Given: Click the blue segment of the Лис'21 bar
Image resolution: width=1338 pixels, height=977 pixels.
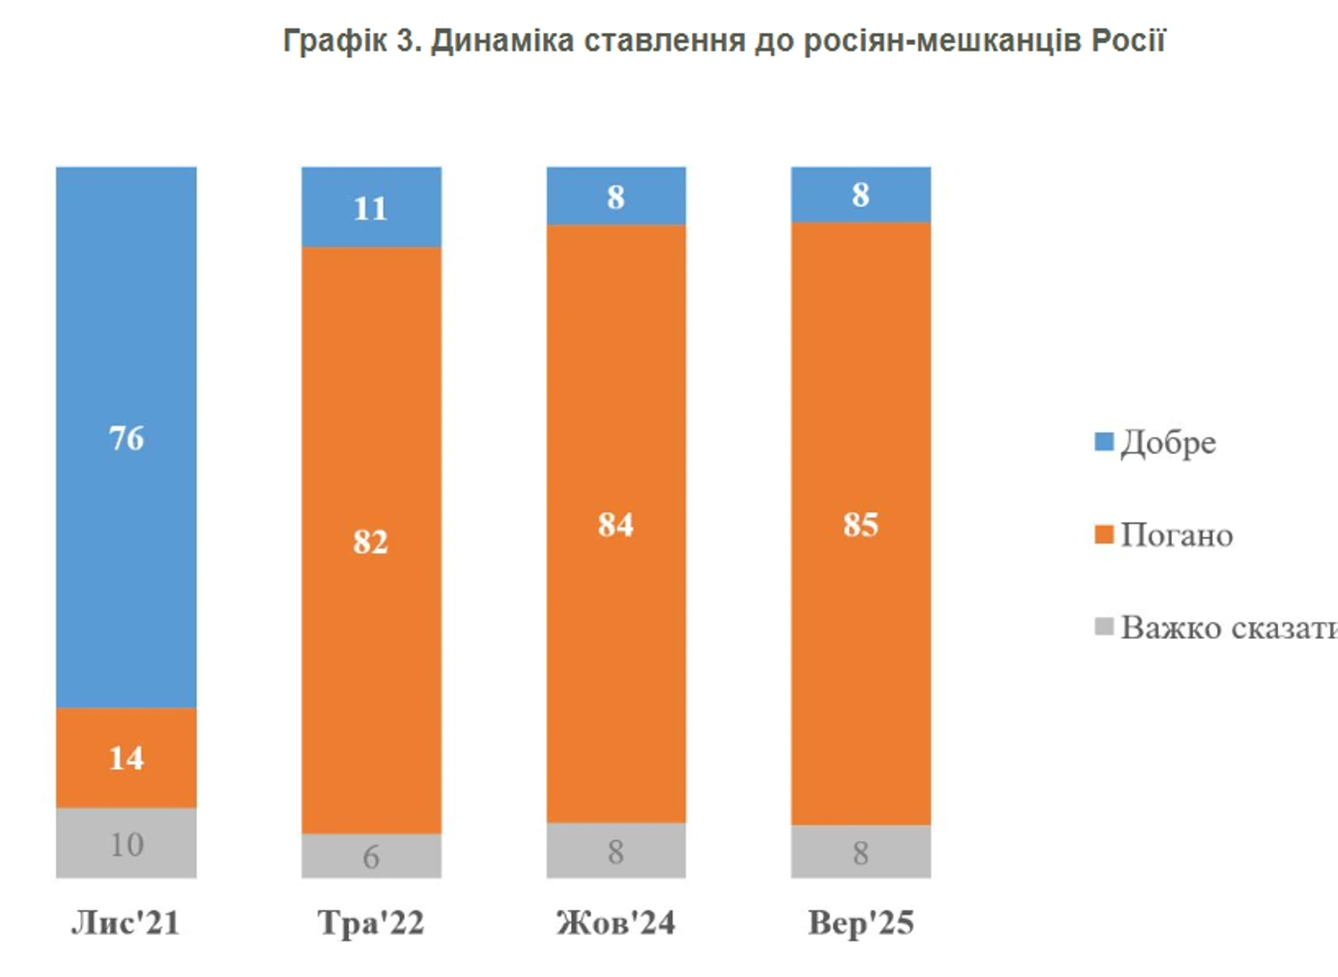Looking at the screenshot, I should (x=126, y=357).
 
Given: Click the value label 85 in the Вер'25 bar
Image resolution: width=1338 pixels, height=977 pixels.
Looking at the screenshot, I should (x=861, y=525).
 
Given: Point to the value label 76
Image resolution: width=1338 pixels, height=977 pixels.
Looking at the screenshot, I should (x=126, y=438).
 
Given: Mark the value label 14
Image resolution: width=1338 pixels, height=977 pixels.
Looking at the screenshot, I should (x=126, y=758).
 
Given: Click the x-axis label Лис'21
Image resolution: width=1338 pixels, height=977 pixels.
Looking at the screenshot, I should (x=126, y=923).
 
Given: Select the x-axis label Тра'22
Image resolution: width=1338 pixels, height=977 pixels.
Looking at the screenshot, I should (x=371, y=923).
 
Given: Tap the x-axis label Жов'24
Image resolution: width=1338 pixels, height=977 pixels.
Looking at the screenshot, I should (x=615, y=923).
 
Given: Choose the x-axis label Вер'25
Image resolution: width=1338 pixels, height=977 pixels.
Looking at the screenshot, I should (x=861, y=923).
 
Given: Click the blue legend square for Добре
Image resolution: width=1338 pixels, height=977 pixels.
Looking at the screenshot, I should (x=1104, y=442).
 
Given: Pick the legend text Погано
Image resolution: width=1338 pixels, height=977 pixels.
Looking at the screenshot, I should (x=1177, y=535).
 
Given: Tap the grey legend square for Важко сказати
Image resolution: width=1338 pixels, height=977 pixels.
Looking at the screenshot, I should (x=1104, y=627).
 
